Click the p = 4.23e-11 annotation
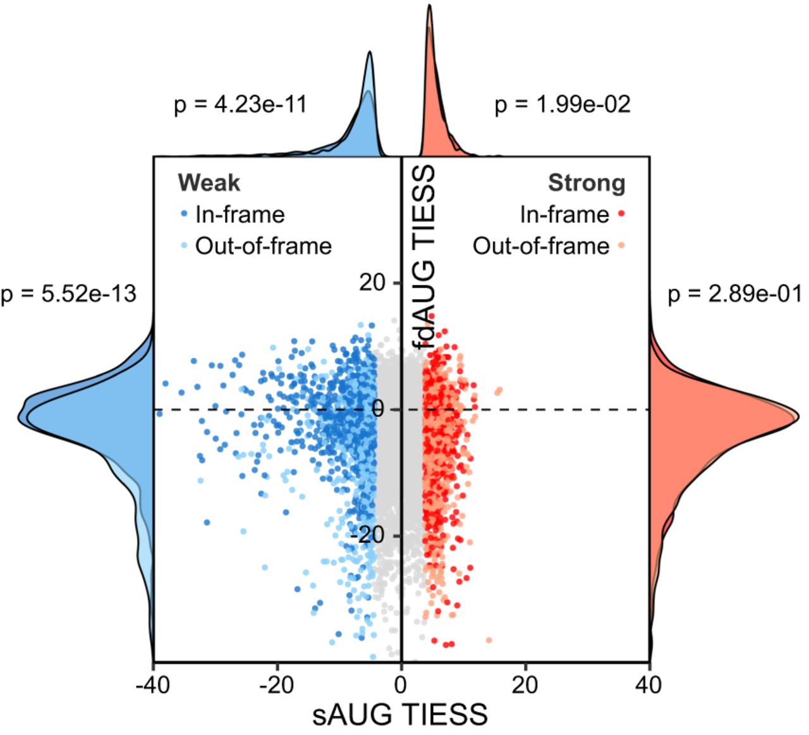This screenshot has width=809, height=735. click(240, 104)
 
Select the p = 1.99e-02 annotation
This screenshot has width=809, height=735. click(563, 104)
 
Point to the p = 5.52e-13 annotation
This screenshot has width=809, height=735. click(68, 294)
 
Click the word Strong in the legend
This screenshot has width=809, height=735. click(587, 183)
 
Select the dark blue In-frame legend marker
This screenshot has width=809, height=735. click(184, 214)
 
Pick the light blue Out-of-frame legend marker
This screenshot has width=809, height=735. click(184, 245)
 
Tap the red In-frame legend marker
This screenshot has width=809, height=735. click(621, 214)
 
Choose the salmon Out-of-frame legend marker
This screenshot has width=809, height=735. click(621, 245)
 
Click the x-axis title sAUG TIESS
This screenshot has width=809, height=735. click(400, 715)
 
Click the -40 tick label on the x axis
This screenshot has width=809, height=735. click(153, 684)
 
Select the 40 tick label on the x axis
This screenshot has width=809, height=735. click(649, 684)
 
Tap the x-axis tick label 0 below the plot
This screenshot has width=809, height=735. click(401, 684)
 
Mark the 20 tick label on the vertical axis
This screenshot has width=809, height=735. click(372, 283)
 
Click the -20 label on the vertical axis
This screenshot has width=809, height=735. click(367, 536)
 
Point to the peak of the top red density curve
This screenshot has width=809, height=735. click(430, 6)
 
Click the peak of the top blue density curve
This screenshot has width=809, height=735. click(370, 53)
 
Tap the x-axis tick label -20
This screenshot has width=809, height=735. click(277, 684)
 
